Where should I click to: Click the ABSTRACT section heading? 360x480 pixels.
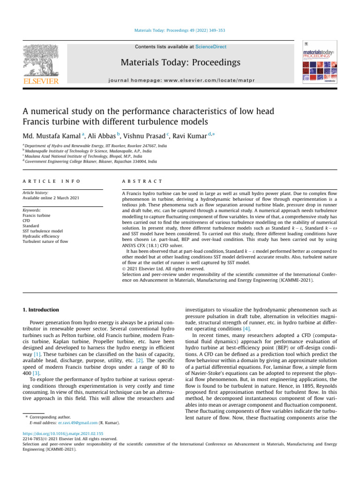tap(141, 181)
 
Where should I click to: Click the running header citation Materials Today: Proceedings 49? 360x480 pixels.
tap(180, 30)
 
